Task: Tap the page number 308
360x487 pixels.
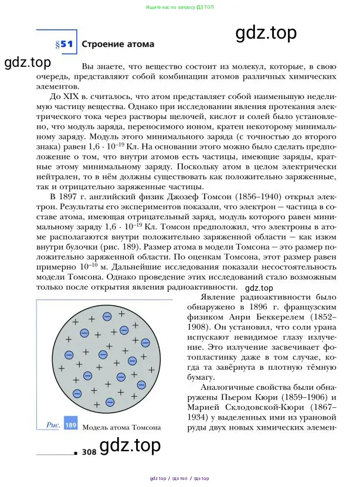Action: point(89,452)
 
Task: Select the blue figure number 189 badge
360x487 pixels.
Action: point(70,425)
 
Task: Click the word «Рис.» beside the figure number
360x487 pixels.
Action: point(53,425)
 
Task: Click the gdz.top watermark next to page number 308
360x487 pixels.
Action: point(130,447)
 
